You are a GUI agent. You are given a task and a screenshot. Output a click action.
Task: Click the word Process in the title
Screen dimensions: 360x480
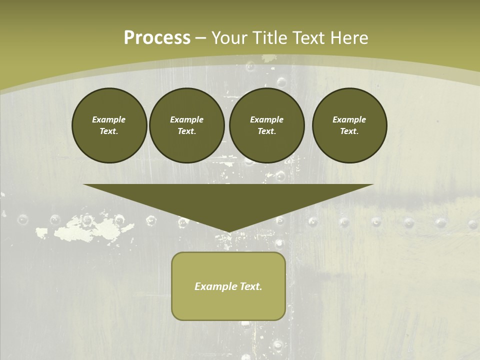coord(157,38)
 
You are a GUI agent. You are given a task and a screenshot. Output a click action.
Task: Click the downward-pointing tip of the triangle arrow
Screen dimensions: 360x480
coord(228,231)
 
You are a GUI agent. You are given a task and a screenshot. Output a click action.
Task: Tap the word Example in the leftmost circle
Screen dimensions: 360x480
coord(109,119)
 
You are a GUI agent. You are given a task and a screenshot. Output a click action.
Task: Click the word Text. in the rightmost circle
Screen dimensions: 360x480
coord(349,131)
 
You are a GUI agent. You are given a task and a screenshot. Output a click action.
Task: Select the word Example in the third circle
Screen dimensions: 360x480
coord(266,119)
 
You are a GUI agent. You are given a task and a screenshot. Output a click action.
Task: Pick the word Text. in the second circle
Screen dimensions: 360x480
coord(186,131)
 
